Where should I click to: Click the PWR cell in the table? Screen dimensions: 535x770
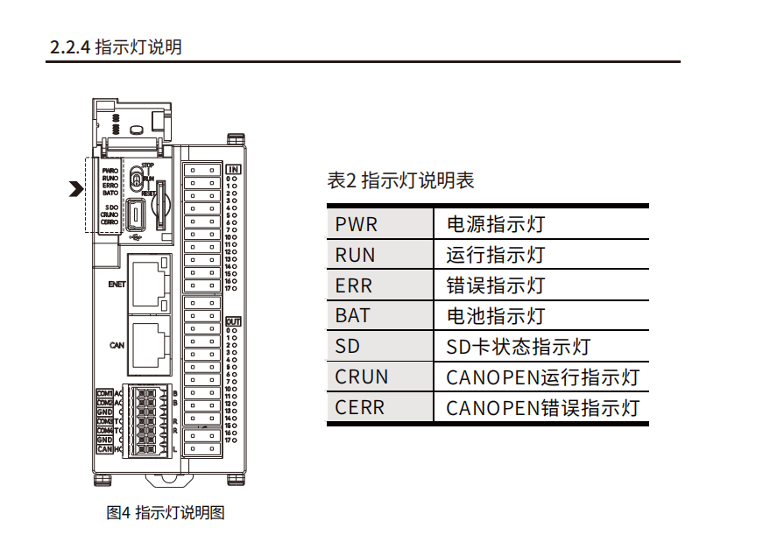(356, 224)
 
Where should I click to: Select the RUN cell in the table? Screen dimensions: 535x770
(355, 255)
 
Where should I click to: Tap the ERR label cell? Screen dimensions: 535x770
(353, 285)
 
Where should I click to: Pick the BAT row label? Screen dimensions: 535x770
(353, 315)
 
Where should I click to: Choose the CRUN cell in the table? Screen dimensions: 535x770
(361, 377)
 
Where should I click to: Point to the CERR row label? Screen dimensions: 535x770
(359, 407)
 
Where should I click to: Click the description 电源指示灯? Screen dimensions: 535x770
(496, 224)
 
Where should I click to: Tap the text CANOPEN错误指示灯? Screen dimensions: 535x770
(542, 407)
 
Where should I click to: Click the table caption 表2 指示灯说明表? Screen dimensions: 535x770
(400, 181)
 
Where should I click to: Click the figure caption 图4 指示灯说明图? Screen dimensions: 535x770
(166, 512)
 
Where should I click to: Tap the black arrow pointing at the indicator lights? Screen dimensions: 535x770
(77, 187)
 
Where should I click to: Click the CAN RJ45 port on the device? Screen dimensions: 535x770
(149, 343)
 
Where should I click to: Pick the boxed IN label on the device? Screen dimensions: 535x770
(233, 169)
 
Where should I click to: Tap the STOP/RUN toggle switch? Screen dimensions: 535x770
(137, 179)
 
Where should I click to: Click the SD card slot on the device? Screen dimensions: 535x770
(160, 205)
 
